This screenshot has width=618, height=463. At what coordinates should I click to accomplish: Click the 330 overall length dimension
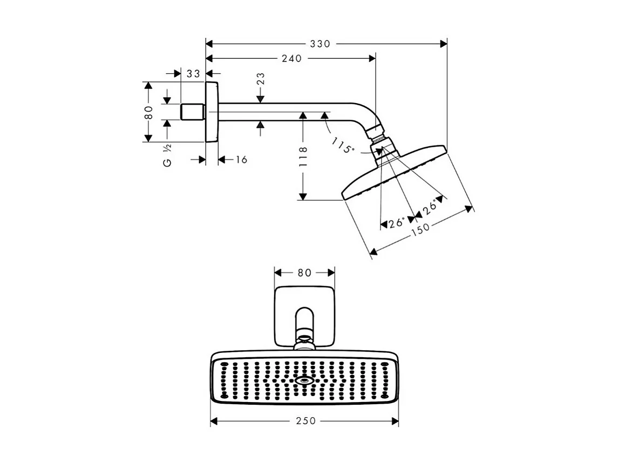(320, 44)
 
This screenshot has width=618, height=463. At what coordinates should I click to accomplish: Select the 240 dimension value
(291, 58)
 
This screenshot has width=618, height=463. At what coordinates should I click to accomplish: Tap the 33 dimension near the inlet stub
(193, 73)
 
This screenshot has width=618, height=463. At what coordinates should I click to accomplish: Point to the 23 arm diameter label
(261, 79)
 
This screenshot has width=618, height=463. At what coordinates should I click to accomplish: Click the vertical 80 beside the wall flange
(149, 112)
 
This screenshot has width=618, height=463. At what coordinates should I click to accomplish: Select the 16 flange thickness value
(241, 160)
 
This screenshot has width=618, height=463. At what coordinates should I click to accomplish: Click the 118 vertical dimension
(303, 156)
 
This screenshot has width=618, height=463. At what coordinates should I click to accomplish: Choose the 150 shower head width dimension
(420, 228)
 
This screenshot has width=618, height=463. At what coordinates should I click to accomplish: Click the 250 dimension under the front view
(305, 421)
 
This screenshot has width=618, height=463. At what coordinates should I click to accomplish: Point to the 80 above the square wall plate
(305, 273)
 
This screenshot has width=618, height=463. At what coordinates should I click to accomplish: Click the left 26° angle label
(397, 222)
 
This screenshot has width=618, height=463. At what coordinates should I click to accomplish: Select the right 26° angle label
(430, 207)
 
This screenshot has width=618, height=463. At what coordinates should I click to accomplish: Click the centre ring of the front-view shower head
(305, 380)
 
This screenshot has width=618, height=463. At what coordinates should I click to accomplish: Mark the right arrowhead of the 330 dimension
(444, 44)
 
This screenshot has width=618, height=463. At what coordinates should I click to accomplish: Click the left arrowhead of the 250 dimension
(214, 421)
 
